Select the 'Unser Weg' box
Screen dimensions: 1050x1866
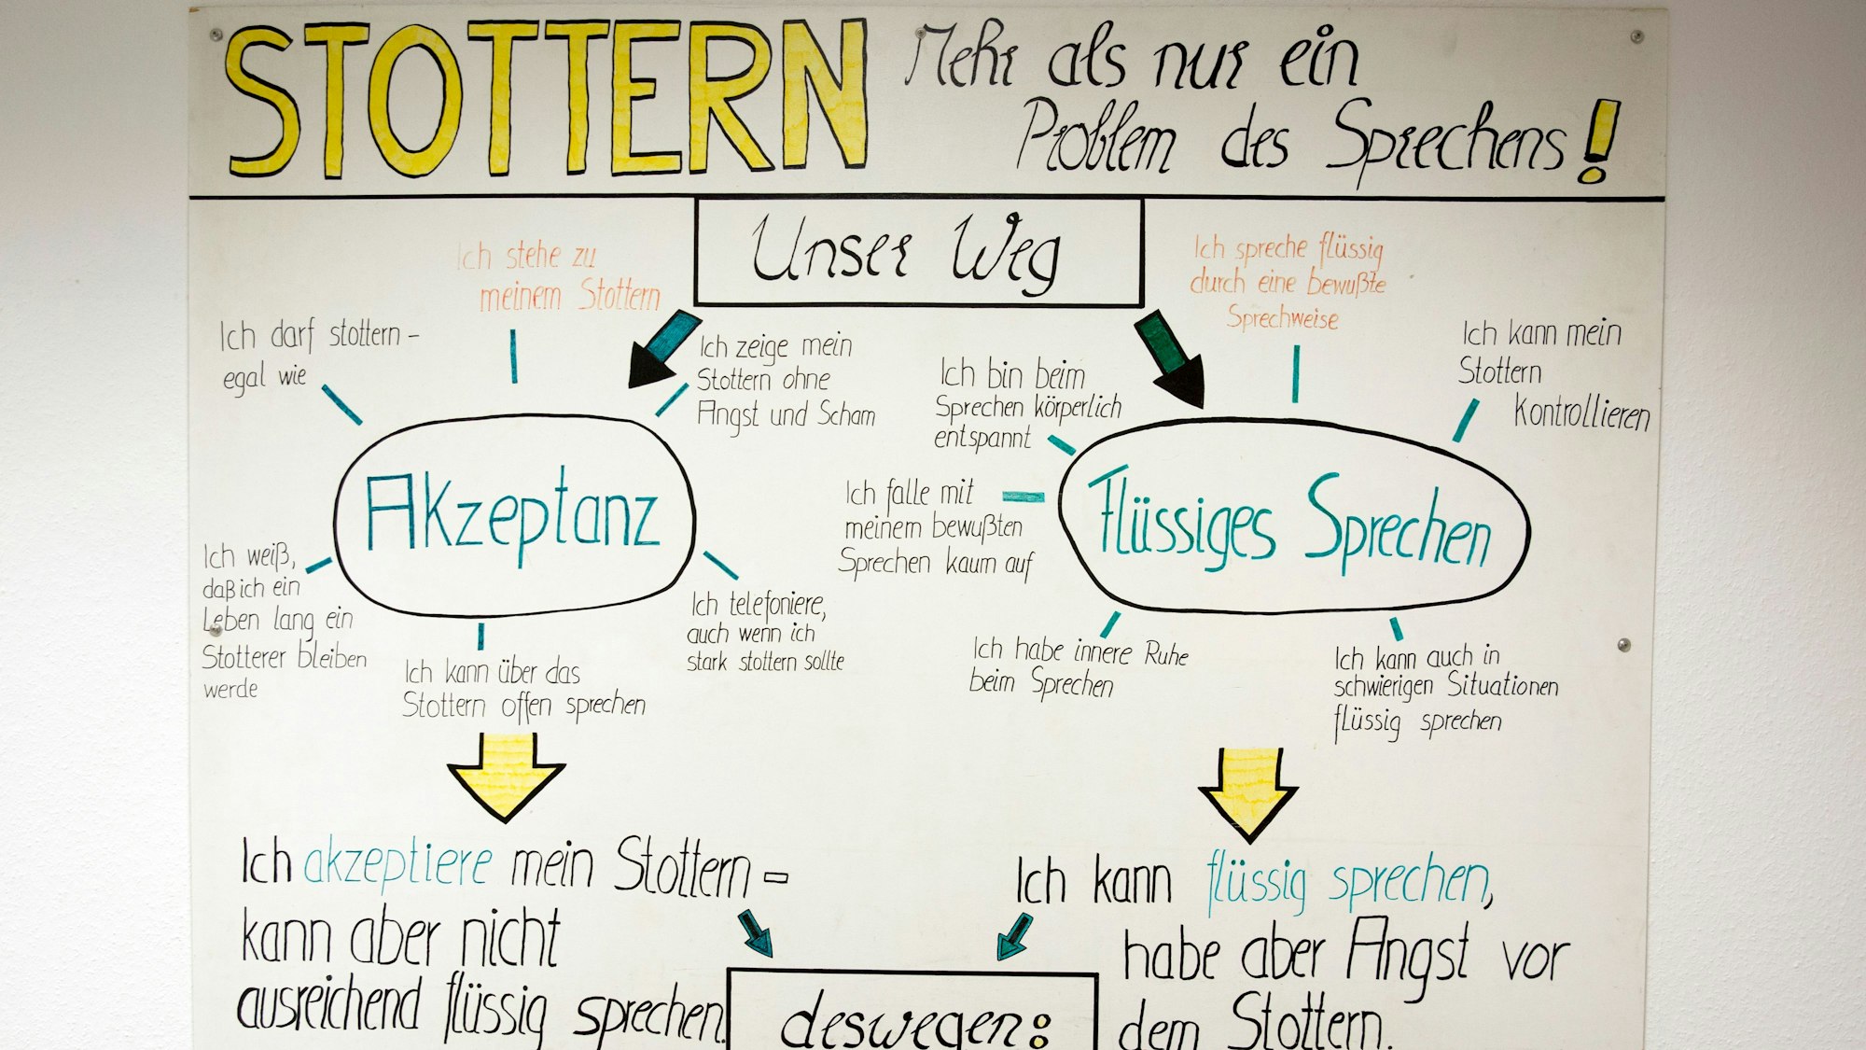(918, 252)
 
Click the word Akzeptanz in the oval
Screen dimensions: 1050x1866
(512, 515)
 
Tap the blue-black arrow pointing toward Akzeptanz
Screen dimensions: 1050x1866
(661, 351)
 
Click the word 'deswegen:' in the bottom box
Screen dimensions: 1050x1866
(914, 1022)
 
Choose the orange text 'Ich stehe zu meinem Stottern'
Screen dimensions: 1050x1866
(558, 276)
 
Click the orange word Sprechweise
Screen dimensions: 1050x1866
(1282, 318)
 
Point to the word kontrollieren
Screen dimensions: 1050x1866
(1581, 413)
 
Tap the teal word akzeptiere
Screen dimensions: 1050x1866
(397, 863)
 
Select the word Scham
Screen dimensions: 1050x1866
(846, 414)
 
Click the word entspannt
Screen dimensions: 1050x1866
(982, 438)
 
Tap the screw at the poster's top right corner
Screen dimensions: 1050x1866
(1636, 36)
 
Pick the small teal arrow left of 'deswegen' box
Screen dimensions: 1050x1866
(757, 933)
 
